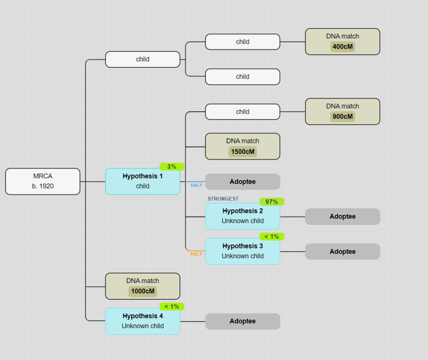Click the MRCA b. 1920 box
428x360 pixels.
point(43,181)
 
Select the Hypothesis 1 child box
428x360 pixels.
point(143,181)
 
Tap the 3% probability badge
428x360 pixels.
point(172,166)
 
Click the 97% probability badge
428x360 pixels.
point(272,202)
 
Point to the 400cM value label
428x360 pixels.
point(342,46)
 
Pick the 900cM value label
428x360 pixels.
point(342,116)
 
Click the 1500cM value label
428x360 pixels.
point(243,151)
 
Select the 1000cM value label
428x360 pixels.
point(143,291)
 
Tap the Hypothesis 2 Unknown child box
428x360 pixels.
point(243,216)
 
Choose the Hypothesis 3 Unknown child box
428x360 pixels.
point(243,251)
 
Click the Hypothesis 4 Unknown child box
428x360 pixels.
point(143,321)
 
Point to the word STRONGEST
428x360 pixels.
point(223,199)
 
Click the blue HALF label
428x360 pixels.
point(197,185)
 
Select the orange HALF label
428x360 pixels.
point(197,254)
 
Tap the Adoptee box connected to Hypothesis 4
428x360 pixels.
point(243,321)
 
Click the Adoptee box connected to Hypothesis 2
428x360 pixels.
point(342,217)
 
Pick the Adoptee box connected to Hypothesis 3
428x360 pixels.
point(342,252)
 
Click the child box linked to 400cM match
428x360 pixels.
point(243,42)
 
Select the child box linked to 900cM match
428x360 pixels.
point(243,112)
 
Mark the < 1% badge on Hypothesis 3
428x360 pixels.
point(272,237)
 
